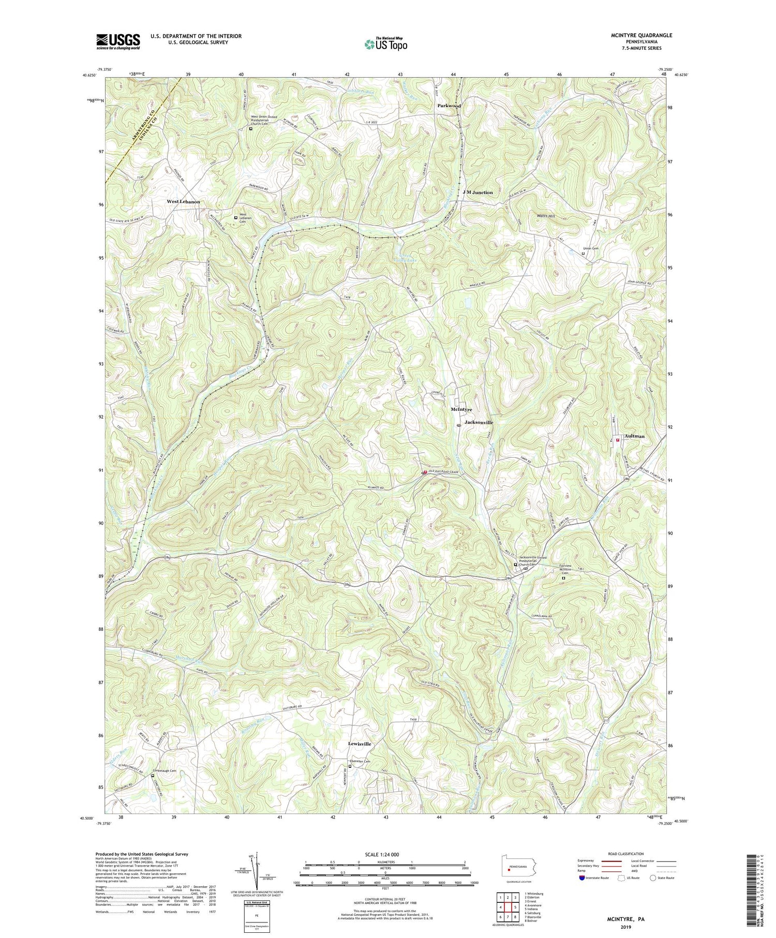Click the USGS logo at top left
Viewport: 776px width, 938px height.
click(x=118, y=41)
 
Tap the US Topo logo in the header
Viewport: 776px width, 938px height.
click(x=385, y=44)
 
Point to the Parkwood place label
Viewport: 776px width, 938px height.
click(x=449, y=106)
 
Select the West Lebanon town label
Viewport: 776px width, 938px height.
click(x=183, y=202)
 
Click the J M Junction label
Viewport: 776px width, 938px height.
click(x=477, y=192)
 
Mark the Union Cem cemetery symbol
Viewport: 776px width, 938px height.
click(x=584, y=254)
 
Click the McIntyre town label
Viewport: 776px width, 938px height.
click(x=461, y=409)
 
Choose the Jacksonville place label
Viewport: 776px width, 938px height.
click(x=479, y=423)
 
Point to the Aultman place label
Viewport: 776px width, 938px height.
click(x=634, y=436)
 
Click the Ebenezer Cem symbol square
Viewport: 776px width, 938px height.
click(x=350, y=767)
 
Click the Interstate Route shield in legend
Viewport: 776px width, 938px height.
click(x=582, y=878)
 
